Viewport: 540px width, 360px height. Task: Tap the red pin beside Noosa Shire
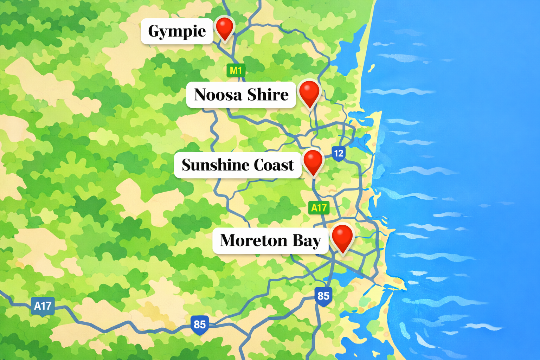pyautogui.click(x=309, y=92)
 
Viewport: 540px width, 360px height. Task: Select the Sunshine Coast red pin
pyautogui.click(x=313, y=161)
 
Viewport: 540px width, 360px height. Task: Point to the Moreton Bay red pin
pyautogui.click(x=342, y=237)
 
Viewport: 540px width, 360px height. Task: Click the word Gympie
pyautogui.click(x=177, y=32)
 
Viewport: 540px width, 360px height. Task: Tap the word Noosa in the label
pyautogui.click(x=218, y=95)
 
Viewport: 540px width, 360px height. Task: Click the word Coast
pyautogui.click(x=274, y=165)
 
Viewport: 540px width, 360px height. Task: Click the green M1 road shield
pyautogui.click(x=236, y=70)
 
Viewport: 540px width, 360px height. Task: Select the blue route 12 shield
pyautogui.click(x=339, y=153)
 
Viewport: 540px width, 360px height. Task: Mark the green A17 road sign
pyautogui.click(x=319, y=208)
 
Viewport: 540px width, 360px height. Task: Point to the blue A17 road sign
pyautogui.click(x=43, y=306)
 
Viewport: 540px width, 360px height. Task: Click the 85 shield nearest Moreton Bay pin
pyautogui.click(x=323, y=296)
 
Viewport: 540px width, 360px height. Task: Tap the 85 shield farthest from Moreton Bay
pyautogui.click(x=200, y=324)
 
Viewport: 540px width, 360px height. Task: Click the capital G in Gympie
pyautogui.click(x=153, y=31)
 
